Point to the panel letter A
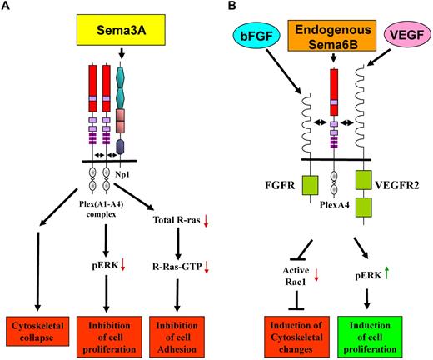[x=7, y=7]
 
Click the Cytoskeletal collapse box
[x=33, y=328]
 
